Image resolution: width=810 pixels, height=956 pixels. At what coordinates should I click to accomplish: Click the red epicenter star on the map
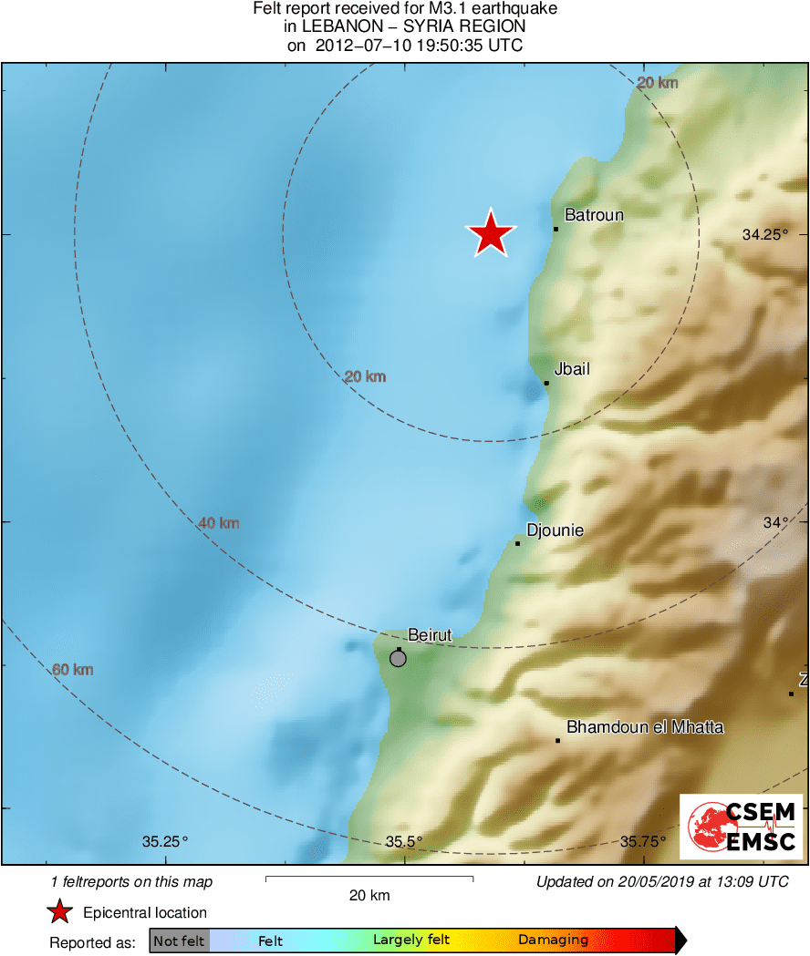[491, 233]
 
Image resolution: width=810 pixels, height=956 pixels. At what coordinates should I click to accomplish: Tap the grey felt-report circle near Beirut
[398, 658]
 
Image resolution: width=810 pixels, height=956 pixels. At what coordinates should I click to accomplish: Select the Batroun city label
[594, 215]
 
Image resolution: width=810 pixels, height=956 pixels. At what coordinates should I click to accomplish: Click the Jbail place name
[572, 369]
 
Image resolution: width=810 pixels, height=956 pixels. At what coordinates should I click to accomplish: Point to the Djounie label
[555, 530]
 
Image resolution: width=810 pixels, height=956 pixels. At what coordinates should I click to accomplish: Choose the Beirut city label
[430, 635]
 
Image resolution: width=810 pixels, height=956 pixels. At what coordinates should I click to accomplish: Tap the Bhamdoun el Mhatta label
[645, 727]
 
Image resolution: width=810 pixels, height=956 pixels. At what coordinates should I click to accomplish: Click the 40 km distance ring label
[219, 523]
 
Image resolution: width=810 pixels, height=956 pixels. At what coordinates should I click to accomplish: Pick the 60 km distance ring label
[73, 670]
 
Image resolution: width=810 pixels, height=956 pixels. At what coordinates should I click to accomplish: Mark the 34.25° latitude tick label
[764, 234]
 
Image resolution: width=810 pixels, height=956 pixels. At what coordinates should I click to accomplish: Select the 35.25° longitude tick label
[164, 841]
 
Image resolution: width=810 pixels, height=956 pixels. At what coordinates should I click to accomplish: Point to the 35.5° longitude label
[404, 841]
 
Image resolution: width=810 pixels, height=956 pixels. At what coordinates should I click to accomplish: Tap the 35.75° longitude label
[643, 841]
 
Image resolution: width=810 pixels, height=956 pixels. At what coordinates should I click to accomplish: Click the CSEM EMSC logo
[741, 827]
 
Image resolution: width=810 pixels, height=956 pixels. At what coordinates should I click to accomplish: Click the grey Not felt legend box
[179, 941]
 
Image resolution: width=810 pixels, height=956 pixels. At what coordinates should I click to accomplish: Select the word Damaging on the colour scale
[553, 941]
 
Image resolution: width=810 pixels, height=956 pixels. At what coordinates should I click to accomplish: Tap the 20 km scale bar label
[369, 895]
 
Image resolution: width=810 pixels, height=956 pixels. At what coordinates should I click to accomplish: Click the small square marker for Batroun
[556, 229]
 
